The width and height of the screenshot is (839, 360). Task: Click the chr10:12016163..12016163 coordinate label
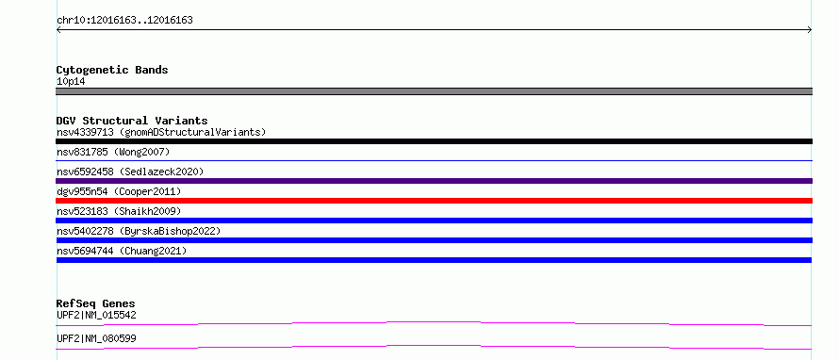pos(124,21)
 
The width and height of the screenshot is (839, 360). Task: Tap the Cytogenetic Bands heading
pos(112,70)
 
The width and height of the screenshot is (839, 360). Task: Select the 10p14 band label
pos(71,82)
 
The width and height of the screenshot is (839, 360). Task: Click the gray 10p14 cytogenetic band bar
pos(434,91)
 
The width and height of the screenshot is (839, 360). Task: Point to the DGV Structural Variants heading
pos(132,121)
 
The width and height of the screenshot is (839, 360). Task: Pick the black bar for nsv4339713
pos(434,141)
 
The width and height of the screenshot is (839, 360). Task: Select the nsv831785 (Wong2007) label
pos(113,152)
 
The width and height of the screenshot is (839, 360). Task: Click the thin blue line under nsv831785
pos(434,160)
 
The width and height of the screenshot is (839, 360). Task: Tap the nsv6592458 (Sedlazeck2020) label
pos(130,172)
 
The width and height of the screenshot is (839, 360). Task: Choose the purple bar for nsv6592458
pos(434,181)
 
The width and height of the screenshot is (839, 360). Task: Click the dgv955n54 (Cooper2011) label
pos(119,191)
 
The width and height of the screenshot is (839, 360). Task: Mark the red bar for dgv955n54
pos(434,201)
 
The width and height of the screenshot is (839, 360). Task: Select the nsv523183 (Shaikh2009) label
pos(119,211)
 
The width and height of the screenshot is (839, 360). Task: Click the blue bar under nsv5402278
pos(434,240)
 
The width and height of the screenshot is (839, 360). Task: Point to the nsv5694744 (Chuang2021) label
pos(122,251)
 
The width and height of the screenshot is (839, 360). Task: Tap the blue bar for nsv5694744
pos(434,260)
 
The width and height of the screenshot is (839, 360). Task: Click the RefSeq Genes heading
pos(96,303)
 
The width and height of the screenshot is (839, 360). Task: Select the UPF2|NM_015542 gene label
pos(96,315)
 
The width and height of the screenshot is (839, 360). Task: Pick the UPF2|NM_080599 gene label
pos(96,338)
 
